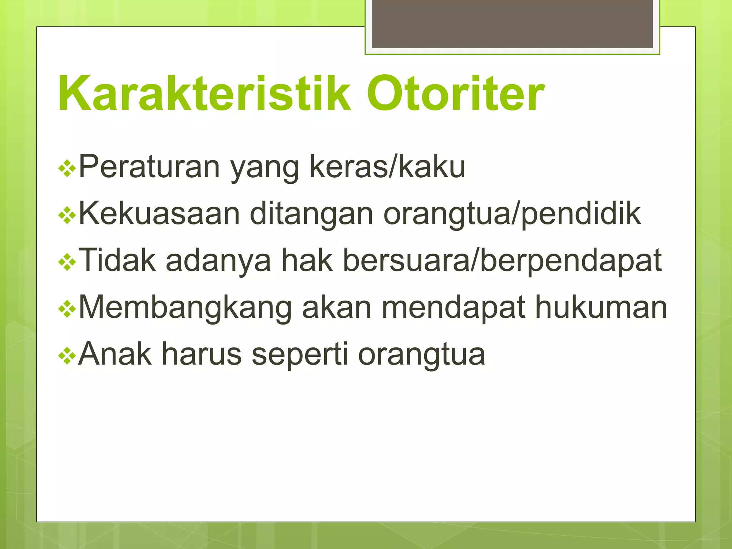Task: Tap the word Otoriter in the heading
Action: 455,94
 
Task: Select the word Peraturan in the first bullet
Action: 149,167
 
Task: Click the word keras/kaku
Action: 387,167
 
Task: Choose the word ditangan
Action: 311,214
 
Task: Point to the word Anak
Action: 115,354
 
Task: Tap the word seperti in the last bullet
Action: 300,354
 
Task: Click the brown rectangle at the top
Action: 512,24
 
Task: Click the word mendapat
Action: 454,307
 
